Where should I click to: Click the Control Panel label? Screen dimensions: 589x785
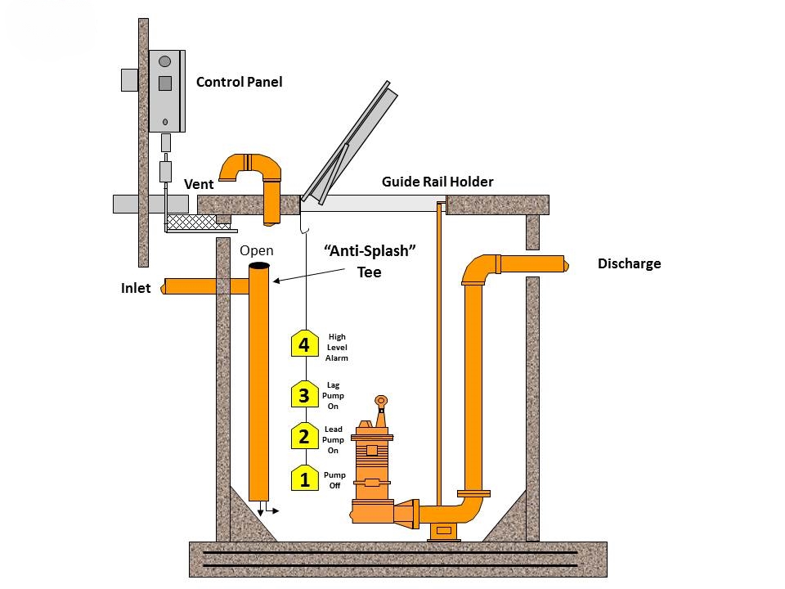240,82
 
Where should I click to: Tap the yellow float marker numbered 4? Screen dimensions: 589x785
304,344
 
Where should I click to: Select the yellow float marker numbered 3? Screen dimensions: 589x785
304,395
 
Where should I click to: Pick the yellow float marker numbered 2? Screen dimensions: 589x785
304,436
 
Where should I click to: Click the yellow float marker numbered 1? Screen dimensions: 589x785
304,479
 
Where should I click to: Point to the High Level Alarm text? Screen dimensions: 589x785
337,347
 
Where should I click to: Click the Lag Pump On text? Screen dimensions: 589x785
334,395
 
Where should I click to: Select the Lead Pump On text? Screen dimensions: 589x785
334,440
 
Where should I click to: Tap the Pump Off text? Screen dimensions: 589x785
335,480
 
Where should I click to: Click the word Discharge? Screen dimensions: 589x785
629,263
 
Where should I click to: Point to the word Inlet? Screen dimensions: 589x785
136,288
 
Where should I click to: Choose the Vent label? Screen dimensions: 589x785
199,185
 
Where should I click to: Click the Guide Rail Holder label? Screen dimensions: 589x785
437,182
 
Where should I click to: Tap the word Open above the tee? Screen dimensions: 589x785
257,250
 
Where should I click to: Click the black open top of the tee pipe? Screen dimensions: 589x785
260,267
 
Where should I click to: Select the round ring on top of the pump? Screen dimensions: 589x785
380,401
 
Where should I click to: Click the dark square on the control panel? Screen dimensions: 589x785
164,83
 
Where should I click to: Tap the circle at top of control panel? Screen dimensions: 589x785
164,61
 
